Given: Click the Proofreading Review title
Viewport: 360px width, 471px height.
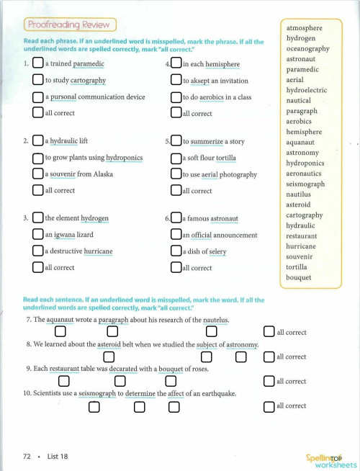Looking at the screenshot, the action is point(70,25).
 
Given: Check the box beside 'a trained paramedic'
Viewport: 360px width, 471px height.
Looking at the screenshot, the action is point(37,64).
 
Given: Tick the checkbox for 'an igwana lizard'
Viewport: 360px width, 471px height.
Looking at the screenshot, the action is point(37,235).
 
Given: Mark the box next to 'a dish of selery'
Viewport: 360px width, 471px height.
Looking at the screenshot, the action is point(176,251).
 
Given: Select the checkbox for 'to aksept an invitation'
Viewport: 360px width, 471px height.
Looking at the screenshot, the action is point(176,81).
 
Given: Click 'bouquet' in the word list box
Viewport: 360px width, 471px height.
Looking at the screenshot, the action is point(298,277).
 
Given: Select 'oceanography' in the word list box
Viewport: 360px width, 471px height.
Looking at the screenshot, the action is point(307,49).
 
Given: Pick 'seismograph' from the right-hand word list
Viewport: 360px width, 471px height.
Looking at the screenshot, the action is point(305,184).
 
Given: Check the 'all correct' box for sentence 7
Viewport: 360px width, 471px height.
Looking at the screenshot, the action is point(269,332).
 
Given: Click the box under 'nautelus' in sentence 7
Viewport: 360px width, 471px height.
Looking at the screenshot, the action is point(211,332).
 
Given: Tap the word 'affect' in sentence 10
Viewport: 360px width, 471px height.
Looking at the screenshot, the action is point(189,394).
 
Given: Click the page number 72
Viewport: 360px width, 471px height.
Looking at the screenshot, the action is point(27,456).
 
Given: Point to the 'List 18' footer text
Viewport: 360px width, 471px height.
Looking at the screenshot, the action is point(58,456).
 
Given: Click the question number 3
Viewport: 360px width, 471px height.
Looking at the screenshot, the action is point(26,218).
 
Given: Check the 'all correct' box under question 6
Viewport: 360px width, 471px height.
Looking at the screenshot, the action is point(176,267).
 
